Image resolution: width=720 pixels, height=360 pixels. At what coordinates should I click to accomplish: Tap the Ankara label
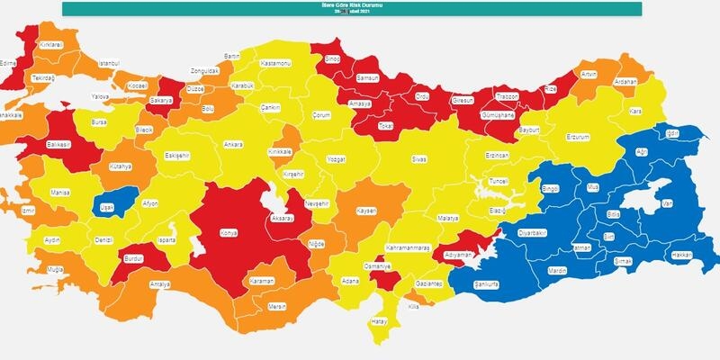233,144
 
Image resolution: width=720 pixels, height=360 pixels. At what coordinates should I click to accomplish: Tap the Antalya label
159,285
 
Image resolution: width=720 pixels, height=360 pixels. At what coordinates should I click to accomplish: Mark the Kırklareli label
51,42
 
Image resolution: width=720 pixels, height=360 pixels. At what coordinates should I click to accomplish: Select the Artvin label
589,74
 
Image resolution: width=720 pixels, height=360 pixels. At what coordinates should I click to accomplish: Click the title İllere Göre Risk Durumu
353,4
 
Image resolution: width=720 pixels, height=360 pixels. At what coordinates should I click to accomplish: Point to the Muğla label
57,269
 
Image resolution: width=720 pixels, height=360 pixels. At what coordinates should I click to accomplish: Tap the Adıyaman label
459,255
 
